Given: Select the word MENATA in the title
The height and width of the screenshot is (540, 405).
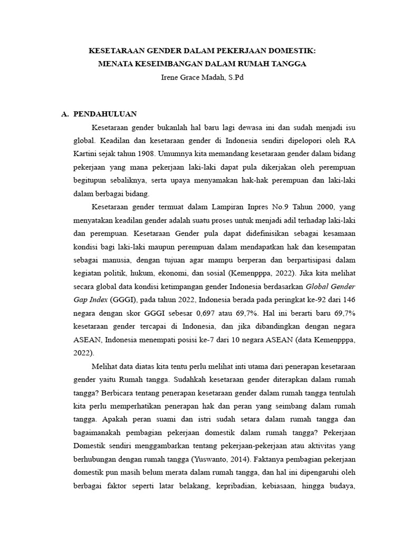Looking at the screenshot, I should (x=117, y=64).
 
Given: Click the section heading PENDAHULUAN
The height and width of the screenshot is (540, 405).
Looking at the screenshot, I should (x=105, y=114).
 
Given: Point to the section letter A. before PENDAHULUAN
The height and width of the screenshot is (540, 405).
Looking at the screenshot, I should (x=65, y=114).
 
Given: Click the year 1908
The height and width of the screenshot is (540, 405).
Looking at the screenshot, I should (x=144, y=154).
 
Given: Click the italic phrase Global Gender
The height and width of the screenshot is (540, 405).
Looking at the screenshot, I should (x=331, y=287).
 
